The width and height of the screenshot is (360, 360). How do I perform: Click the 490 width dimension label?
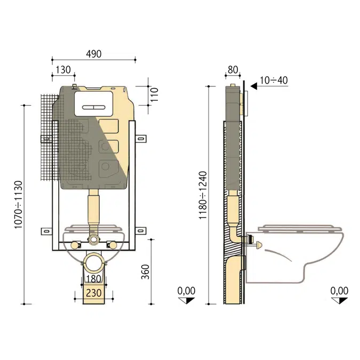click(x=93, y=54)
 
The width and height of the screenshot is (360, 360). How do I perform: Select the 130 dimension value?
click(x=63, y=69)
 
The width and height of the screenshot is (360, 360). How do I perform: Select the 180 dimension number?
click(x=94, y=278)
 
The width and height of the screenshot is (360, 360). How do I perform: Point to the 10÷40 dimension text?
click(x=274, y=80)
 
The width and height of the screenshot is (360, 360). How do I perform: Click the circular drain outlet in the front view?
click(x=94, y=264)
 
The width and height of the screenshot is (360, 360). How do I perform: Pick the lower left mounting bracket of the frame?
click(x=46, y=231)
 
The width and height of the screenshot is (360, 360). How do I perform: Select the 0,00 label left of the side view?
click(x=187, y=291)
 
